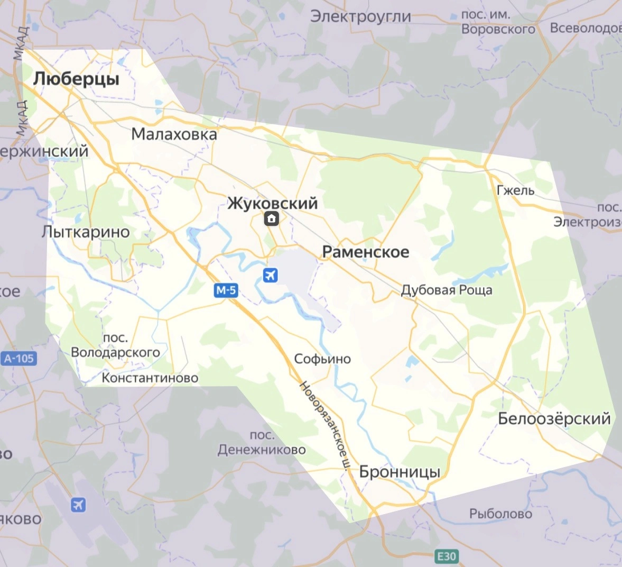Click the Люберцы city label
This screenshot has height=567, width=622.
76,79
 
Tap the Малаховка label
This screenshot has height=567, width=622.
174,134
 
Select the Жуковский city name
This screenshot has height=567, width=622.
273,203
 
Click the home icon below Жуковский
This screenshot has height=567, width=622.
272,218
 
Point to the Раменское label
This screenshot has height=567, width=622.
366,252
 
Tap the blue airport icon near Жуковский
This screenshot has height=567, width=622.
270,275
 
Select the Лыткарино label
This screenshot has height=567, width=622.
86,232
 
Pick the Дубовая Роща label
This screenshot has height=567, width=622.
447,290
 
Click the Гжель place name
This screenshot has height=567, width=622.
516,190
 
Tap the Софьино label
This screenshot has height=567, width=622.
322,359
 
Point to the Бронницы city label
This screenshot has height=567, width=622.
400,472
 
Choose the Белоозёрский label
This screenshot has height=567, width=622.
554,419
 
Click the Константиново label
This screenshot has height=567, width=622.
150,378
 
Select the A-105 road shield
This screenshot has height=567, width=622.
19,359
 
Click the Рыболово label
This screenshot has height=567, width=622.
500,514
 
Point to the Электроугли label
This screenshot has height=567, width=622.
360,16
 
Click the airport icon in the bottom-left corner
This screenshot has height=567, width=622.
78,505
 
